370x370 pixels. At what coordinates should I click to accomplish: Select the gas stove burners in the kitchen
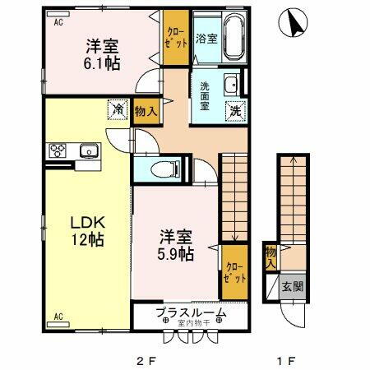point(60,150)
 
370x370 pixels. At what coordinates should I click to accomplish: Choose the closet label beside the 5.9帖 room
point(234,271)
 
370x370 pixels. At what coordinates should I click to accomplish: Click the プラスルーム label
point(191,313)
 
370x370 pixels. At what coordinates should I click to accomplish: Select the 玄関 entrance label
point(294,286)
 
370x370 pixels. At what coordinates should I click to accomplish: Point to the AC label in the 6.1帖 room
point(59,23)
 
